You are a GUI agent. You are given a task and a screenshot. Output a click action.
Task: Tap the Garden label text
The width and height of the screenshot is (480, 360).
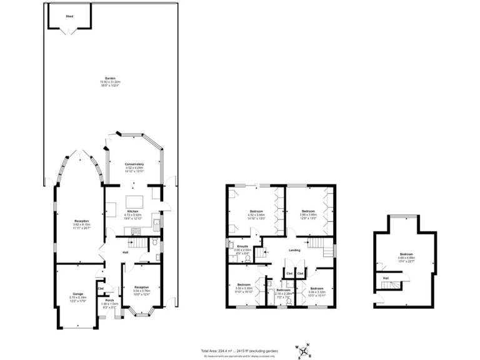[110, 78]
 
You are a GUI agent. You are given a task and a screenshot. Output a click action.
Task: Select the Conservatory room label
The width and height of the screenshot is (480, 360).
[135, 164]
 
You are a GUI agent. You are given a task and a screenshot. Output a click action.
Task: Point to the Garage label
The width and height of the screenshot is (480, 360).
[79, 294]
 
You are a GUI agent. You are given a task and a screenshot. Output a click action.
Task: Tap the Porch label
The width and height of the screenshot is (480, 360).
[109, 300]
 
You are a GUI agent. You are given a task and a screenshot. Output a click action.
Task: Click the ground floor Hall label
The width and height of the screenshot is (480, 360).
[125, 252]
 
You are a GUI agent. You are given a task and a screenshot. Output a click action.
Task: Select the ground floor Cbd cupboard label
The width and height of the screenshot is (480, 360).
[101, 271]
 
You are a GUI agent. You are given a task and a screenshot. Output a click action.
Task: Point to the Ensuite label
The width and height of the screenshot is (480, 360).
[242, 246]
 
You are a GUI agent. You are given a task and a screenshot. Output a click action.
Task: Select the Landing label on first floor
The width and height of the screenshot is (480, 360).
[295, 251]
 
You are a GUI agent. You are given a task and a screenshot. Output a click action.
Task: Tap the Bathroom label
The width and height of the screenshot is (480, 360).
[284, 289]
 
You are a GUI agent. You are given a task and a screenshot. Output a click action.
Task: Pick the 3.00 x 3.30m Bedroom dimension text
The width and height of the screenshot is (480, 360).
[244, 288]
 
